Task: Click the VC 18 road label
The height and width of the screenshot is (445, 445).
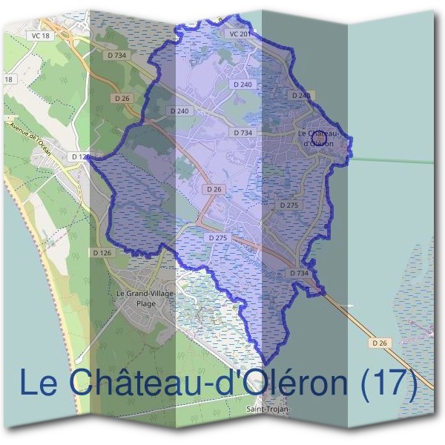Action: coord(42,36)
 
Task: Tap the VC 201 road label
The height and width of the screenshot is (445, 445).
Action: coord(240,34)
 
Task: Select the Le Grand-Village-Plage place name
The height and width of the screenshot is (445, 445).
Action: coord(146,298)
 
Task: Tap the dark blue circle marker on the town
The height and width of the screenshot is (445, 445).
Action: coord(320,138)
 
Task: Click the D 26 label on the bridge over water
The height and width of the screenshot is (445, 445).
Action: coord(380,343)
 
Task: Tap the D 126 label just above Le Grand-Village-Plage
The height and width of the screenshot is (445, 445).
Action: coord(103,253)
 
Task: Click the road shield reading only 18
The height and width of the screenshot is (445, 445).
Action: coord(8,79)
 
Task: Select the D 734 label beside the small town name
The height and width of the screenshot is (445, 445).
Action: coord(243,133)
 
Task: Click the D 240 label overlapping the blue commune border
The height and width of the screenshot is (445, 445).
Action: coord(301,96)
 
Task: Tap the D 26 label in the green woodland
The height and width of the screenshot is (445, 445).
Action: coord(122,97)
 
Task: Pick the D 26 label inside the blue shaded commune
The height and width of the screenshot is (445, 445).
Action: coord(214,189)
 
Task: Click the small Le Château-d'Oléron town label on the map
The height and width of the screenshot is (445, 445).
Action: coord(315,137)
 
